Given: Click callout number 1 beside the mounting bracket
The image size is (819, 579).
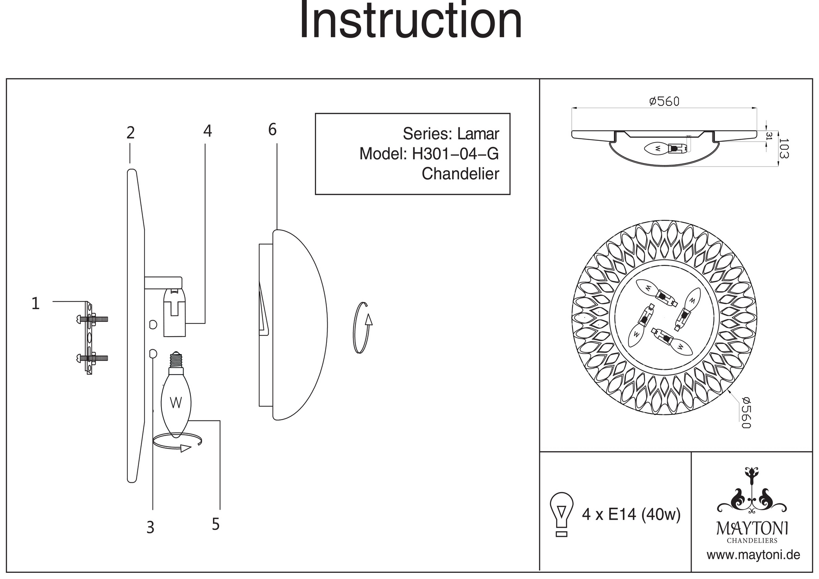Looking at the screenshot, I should (36, 304).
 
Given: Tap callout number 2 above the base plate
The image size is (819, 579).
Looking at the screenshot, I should (130, 133).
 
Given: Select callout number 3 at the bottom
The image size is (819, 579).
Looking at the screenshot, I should (150, 528).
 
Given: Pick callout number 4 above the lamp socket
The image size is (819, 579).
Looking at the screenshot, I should (208, 131).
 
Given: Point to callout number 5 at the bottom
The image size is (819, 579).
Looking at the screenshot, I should (216, 525).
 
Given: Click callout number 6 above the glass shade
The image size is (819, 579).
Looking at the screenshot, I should (272, 130).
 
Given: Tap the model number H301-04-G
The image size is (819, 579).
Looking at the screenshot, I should (455, 154).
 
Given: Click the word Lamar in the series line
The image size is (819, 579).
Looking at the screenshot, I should (478, 134).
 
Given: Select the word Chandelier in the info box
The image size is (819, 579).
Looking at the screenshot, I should (460, 174).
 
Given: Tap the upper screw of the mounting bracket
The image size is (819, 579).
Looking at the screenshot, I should (93, 319).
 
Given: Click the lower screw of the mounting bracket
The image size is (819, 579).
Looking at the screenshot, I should (93, 358).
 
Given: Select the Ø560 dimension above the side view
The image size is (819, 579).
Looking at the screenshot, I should (664, 101).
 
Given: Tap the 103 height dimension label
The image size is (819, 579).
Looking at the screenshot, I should (783, 148).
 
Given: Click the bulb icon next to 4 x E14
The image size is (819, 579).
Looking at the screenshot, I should (562, 513).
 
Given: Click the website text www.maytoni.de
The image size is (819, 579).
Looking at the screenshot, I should (753, 555).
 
